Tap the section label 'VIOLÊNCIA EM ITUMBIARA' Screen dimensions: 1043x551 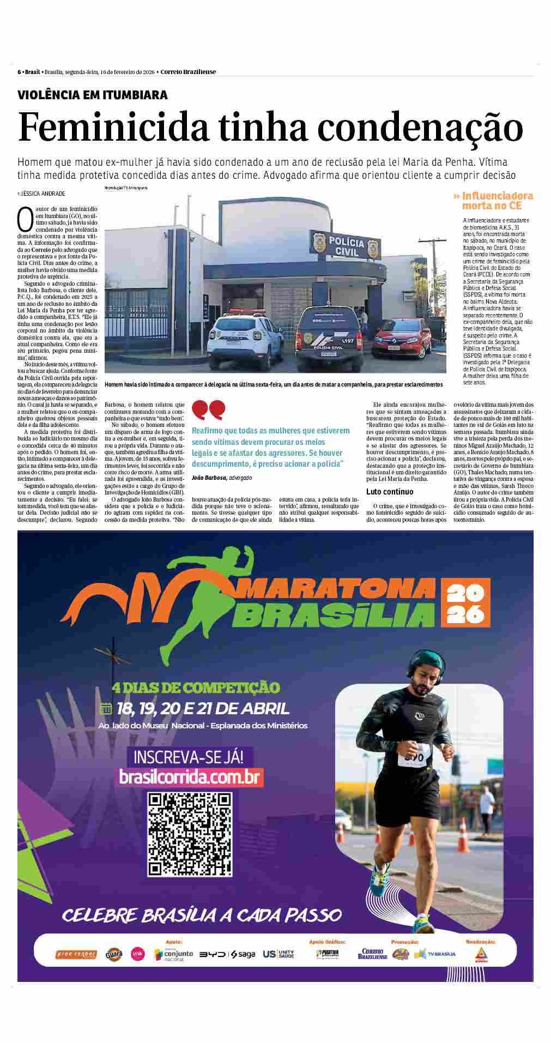[x=93, y=95]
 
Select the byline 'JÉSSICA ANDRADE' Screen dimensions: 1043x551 [x=41, y=194]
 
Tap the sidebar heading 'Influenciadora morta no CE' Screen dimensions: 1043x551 [x=492, y=201]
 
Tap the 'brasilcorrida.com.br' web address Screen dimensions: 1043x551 [x=191, y=776]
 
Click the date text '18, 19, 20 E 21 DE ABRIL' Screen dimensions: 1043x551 [x=202, y=709]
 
